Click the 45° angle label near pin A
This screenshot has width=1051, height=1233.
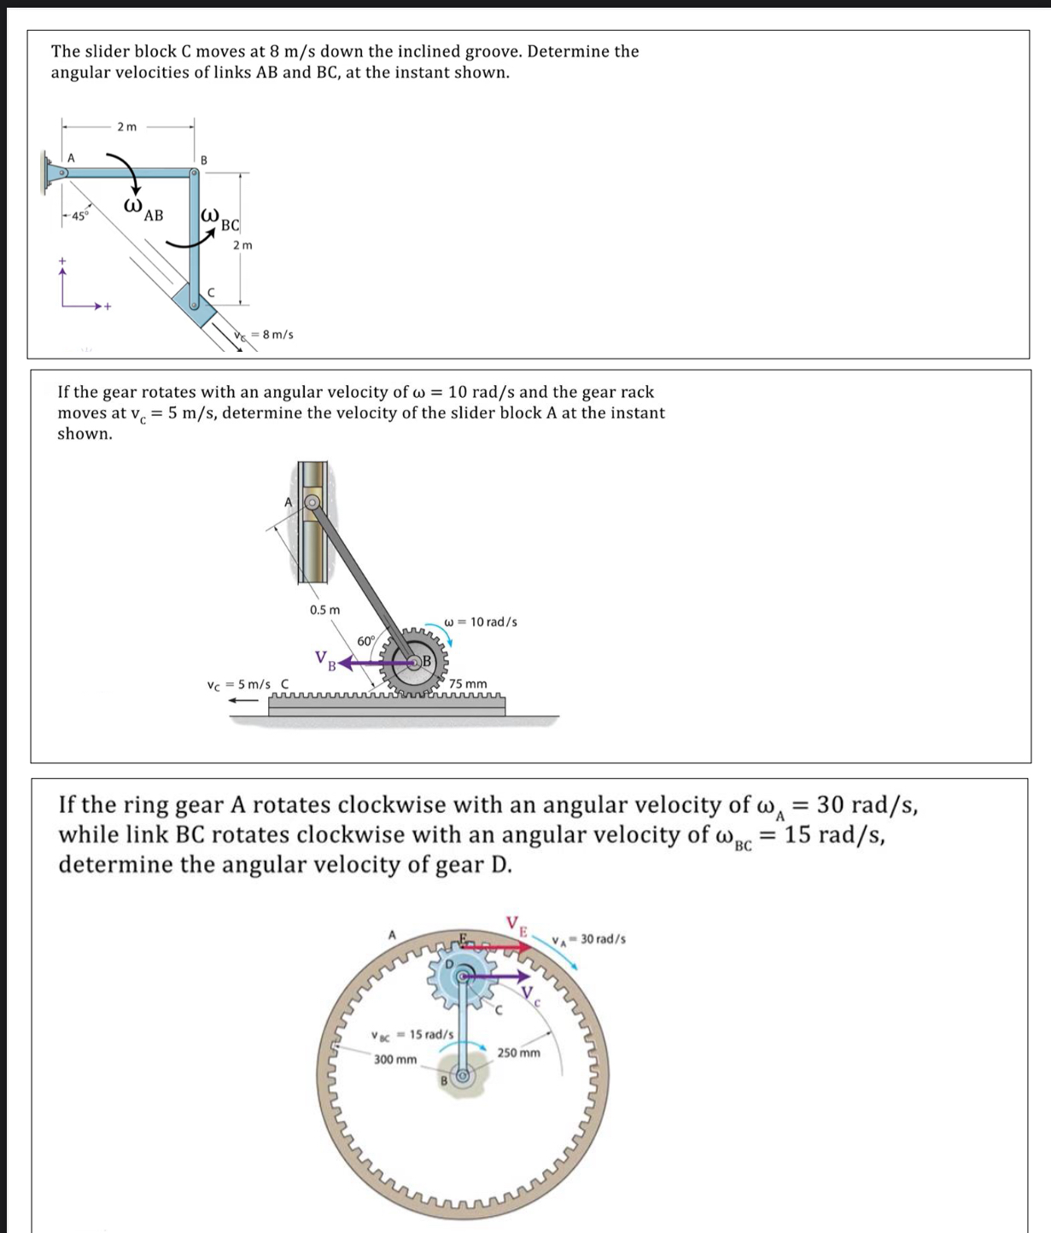(78, 216)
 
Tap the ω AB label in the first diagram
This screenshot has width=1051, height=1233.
(143, 210)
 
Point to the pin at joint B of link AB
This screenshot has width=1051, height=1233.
(195, 172)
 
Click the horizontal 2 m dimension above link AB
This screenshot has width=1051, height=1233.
(126, 127)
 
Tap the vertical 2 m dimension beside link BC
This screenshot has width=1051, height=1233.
(243, 245)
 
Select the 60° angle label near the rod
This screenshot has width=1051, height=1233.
(366, 641)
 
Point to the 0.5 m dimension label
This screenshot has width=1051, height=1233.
(324, 610)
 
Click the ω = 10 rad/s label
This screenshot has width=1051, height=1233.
(481, 622)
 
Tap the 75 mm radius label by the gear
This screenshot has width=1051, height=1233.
(469, 684)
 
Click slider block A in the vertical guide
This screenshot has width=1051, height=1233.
(312, 503)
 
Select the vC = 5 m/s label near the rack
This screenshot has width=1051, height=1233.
(240, 685)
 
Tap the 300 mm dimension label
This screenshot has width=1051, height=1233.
(395, 1060)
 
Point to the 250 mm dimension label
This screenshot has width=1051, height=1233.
(519, 1053)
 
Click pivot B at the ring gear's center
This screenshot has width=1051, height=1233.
(463, 1077)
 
